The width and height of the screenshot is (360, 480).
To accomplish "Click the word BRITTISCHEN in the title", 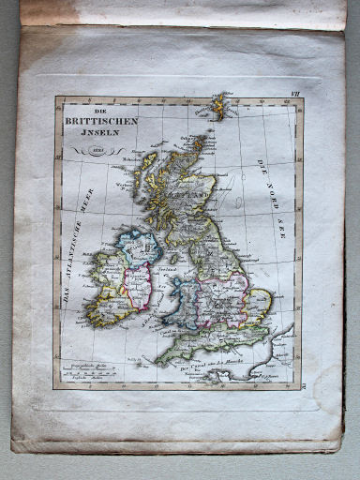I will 101,120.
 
